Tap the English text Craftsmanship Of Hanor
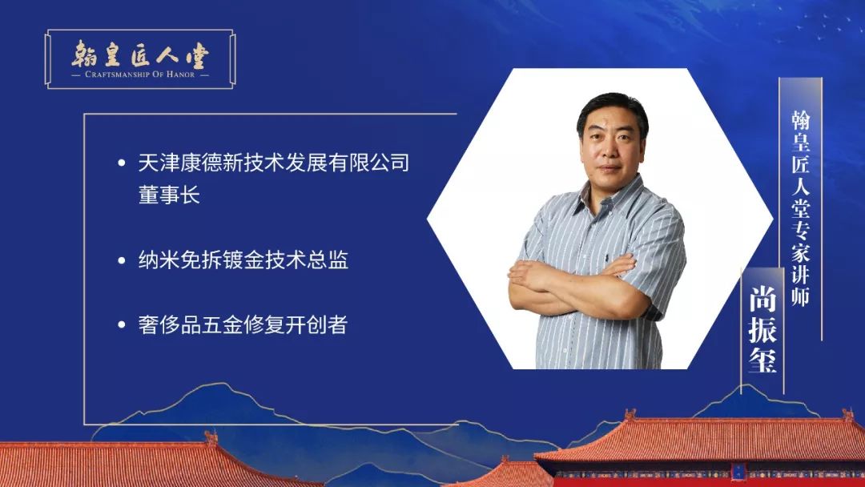pos(140,74)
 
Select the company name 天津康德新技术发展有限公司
pos(274,163)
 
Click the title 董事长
pos(169,195)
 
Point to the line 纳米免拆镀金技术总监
pos(243,260)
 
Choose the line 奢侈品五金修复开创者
pos(243,325)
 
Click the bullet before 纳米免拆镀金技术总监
pos(122,260)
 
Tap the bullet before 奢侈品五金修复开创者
pos(122,325)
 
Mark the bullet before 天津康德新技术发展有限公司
pos(122,163)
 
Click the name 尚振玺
pos(762,329)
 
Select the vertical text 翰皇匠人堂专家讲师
pos(800,208)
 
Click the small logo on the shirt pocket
pos(607,257)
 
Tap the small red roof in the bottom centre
pos(505,473)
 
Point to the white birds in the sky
pos(822,25)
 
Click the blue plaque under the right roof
pos(738,472)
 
